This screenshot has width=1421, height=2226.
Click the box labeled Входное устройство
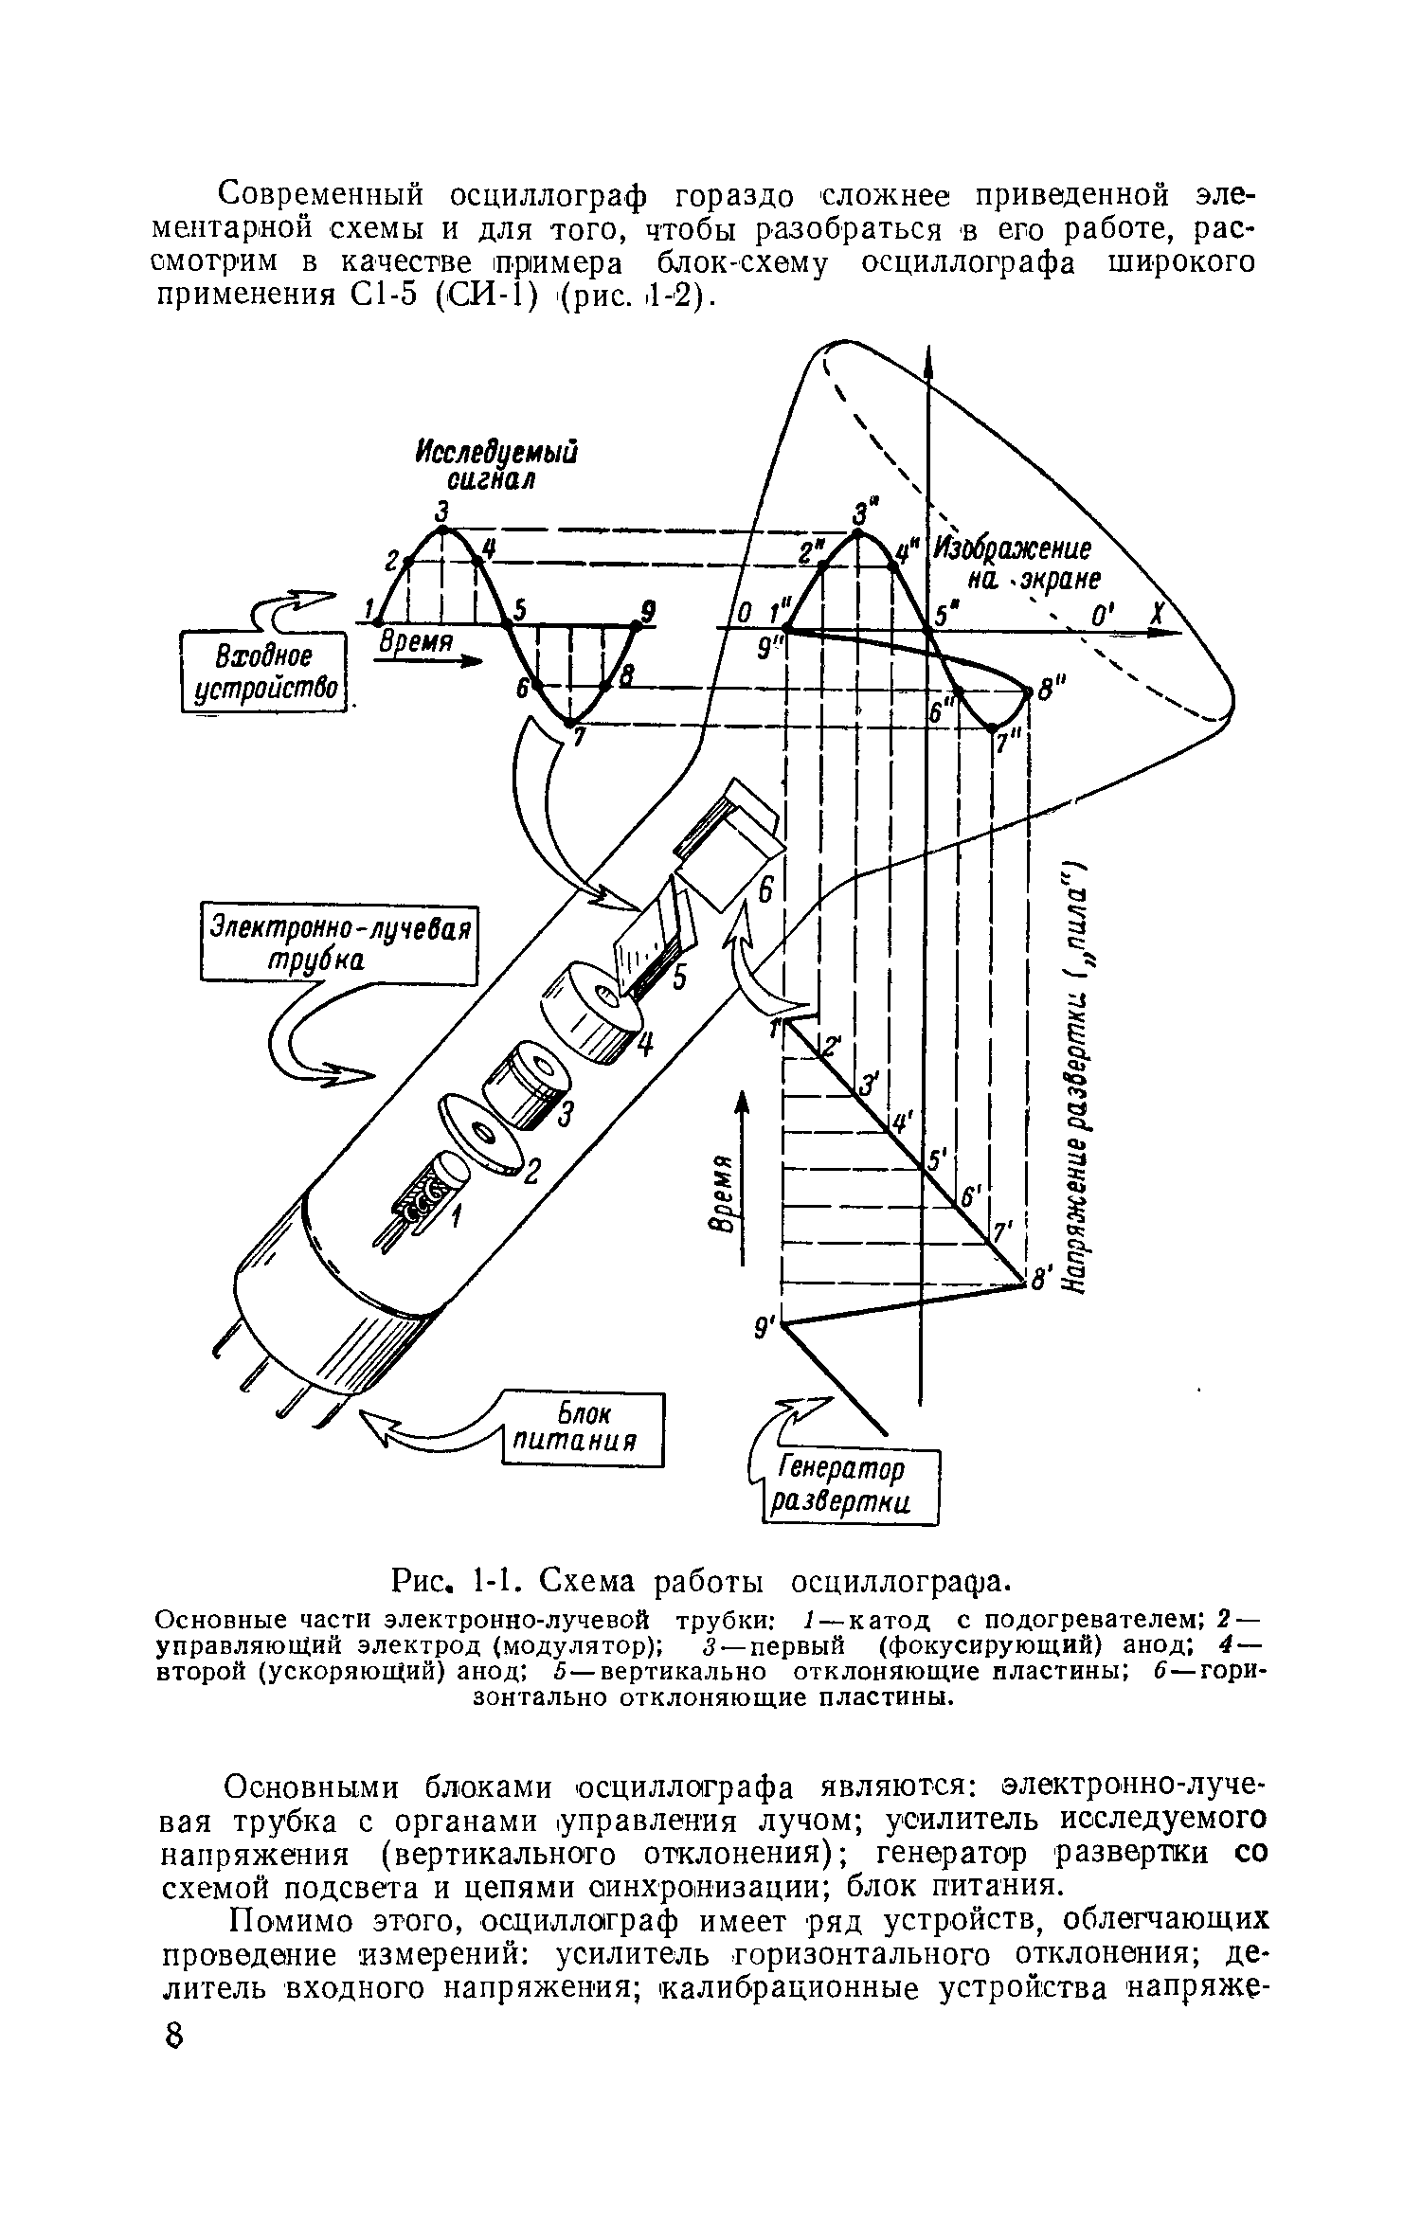[x=261, y=673]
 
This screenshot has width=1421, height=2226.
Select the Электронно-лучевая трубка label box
[x=339, y=943]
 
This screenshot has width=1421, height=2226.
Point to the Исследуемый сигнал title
[x=496, y=464]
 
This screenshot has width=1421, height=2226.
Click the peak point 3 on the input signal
[x=442, y=530]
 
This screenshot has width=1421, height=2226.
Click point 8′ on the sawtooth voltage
[x=1027, y=1283]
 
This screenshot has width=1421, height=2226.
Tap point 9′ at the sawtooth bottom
[x=784, y=1324]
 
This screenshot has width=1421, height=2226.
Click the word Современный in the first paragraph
[x=319, y=196]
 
